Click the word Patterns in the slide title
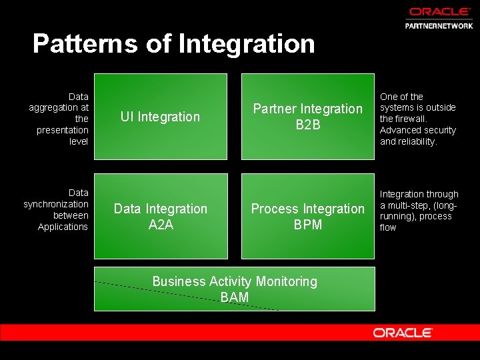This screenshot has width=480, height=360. pos(85,44)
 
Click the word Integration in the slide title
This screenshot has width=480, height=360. pos(247,44)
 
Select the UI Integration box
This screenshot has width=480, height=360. pos(160,117)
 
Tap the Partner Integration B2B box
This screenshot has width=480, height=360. pos(307,117)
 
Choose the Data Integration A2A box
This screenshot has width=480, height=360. pos(160,216)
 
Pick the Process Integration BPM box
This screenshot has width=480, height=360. pos(307,216)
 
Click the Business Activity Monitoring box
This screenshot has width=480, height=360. pos(234,289)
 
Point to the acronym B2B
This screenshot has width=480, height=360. pos(308,125)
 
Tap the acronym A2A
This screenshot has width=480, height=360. pos(161,225)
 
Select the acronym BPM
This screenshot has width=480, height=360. pos(308,225)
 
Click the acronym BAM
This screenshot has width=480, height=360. pos(235,297)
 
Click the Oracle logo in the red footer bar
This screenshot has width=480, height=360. pos(403,333)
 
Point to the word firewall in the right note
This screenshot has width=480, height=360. pos(409,119)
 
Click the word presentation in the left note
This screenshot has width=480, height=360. pos(63,130)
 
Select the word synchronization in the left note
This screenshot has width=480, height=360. pos(56,204)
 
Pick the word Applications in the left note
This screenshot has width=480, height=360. pos(63,227)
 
